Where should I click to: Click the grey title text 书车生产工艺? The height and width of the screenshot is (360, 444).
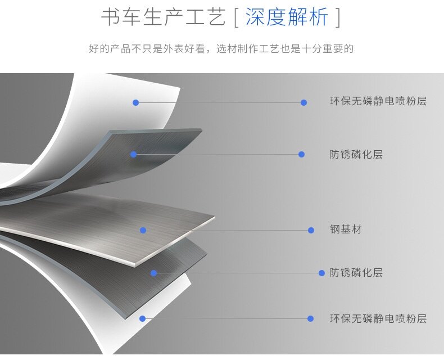pyautogui.click(x=162, y=17)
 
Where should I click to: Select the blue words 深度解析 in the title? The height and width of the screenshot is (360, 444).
pyautogui.click(x=287, y=17)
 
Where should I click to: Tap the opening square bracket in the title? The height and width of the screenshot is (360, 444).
pyautogui.click(x=235, y=18)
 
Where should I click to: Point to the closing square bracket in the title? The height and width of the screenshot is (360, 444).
pyautogui.click(x=337, y=18)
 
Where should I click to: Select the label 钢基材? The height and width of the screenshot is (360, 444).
pyautogui.click(x=346, y=229)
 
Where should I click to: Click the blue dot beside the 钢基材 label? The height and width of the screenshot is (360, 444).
pyautogui.click(x=311, y=230)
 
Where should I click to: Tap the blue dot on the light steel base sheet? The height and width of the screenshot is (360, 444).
pyautogui.click(x=143, y=230)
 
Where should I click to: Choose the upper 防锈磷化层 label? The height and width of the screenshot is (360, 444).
pyautogui.click(x=356, y=154)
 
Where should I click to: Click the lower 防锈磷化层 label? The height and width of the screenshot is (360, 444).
pyautogui.click(x=356, y=273)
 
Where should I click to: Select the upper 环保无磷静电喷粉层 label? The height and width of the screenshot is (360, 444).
pyautogui.click(x=378, y=102)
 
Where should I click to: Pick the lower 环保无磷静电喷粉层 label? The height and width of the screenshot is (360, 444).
pyautogui.click(x=378, y=319)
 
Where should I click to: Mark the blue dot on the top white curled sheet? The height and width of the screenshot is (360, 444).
pyautogui.click(x=135, y=102)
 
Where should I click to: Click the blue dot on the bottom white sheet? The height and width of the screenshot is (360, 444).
pyautogui.click(x=143, y=319)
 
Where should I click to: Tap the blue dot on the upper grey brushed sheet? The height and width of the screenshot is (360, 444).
pyautogui.click(x=134, y=154)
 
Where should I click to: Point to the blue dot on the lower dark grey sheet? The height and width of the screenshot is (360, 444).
pyautogui.click(x=153, y=273)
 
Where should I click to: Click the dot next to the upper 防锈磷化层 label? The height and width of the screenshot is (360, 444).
pyautogui.click(x=302, y=154)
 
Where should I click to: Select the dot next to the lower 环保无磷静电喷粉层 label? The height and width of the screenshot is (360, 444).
pyautogui.click(x=310, y=319)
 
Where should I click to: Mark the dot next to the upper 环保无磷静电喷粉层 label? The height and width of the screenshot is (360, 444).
pyautogui.click(x=303, y=102)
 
